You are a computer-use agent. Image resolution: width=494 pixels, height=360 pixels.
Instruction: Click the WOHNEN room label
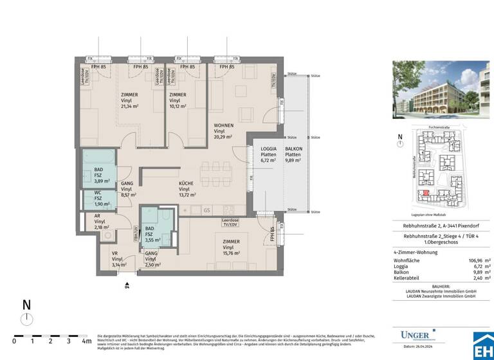coord(224,125)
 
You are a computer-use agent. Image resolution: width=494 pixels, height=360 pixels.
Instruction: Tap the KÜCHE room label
coord(185,183)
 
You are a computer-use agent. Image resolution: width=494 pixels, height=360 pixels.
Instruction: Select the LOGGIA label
coord(268,149)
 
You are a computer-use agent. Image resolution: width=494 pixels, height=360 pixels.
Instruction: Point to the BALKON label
coord(293,149)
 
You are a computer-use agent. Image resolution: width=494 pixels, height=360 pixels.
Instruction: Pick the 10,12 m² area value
coord(178,106)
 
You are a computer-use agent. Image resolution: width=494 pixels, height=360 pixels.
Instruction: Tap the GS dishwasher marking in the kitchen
coord(206,210)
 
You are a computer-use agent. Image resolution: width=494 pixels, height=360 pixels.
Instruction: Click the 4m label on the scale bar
coord(86,341)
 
